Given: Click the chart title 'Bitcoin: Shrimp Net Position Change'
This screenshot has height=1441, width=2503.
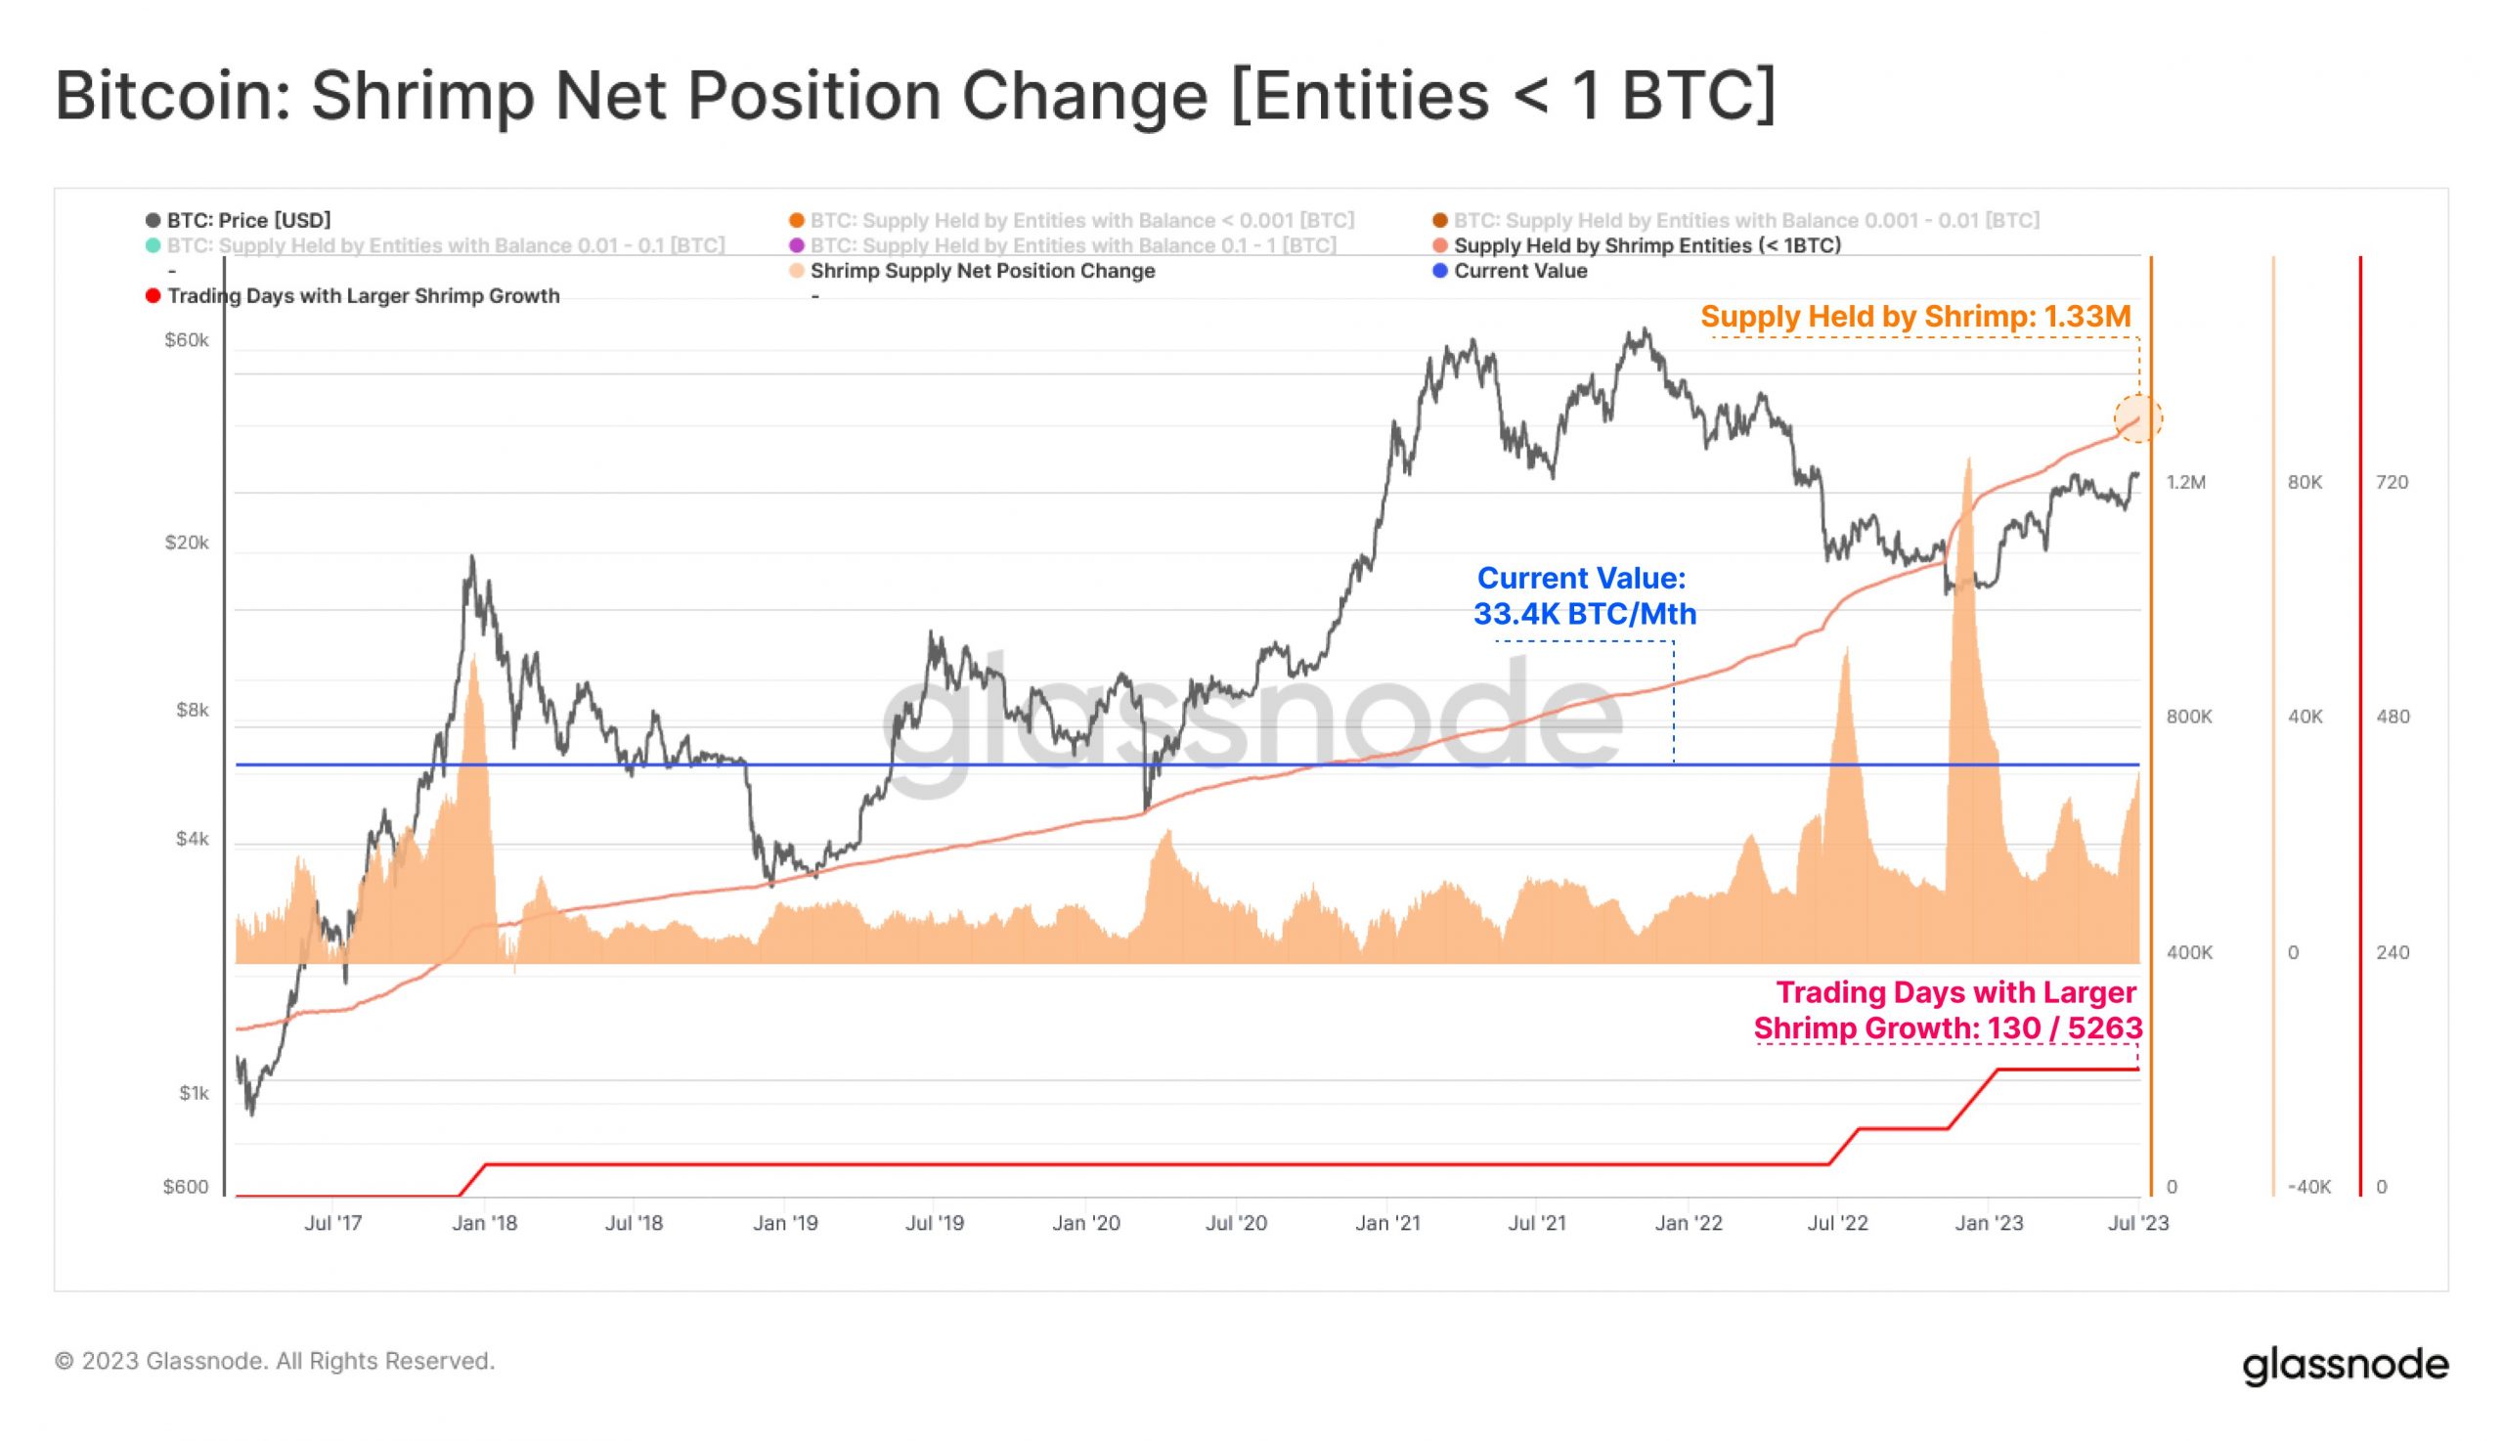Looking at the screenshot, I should pyautogui.click(x=914, y=96).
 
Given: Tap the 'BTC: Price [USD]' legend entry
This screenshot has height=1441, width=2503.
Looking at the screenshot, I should pyautogui.click(x=247, y=220).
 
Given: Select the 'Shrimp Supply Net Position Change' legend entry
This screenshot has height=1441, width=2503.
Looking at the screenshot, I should pyautogui.click(x=981, y=270).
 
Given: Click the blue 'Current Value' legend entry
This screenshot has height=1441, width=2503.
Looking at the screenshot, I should pyautogui.click(x=1518, y=270).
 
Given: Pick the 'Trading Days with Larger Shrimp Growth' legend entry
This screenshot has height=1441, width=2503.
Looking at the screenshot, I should pyautogui.click(x=362, y=296).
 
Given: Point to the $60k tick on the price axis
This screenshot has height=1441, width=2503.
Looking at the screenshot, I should pyautogui.click(x=186, y=340).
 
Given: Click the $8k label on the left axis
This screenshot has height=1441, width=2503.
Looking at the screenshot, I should pyautogui.click(x=192, y=710).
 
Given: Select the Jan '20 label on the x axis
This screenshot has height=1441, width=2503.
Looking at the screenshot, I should pyautogui.click(x=1085, y=1223).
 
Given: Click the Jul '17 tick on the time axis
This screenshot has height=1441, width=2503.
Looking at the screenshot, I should pyautogui.click(x=332, y=1223).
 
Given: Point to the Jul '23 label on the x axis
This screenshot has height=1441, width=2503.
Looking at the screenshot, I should pyautogui.click(x=2137, y=1223).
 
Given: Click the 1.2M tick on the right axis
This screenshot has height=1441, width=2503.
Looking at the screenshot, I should pyautogui.click(x=2185, y=482).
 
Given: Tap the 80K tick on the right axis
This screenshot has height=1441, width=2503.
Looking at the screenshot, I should pyautogui.click(x=2305, y=482).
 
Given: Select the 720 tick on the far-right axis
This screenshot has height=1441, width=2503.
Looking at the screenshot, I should pyautogui.click(x=2392, y=482).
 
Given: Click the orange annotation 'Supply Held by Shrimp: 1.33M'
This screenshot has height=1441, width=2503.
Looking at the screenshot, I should pyautogui.click(x=1915, y=317).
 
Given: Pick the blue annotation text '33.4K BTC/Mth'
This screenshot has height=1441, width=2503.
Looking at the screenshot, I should pyautogui.click(x=1585, y=614).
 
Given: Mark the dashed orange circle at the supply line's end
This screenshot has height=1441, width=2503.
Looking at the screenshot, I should pyautogui.click(x=2137, y=418).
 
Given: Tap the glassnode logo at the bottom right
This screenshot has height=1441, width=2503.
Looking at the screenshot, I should pyautogui.click(x=2345, y=1365).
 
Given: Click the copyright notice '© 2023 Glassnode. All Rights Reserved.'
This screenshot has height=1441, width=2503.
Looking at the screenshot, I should pyautogui.click(x=274, y=1361).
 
